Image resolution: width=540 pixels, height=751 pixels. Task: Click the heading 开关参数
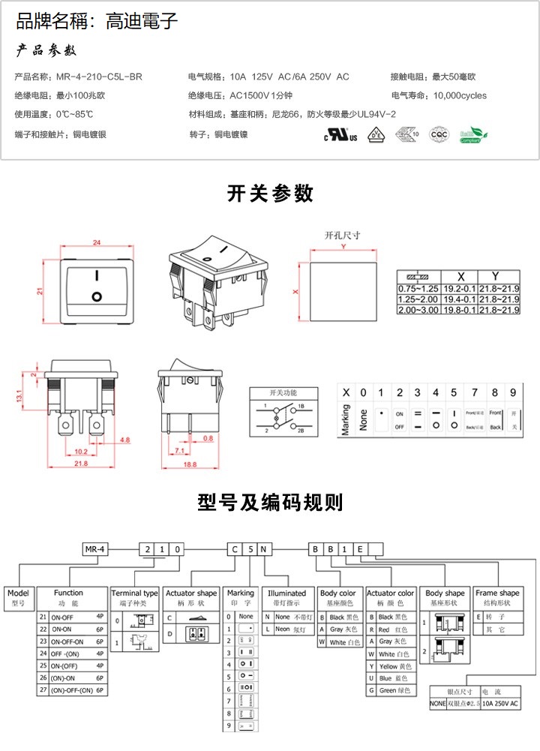click(x=270, y=194)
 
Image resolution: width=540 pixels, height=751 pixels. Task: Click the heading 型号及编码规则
click(x=270, y=502)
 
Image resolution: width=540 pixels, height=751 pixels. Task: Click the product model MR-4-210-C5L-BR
click(x=99, y=77)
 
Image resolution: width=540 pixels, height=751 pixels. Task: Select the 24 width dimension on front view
click(x=97, y=242)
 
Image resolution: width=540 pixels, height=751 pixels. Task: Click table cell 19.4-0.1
click(x=458, y=299)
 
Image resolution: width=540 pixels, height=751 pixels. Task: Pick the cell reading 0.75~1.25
click(x=418, y=289)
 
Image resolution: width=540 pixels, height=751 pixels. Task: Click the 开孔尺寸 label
click(x=342, y=236)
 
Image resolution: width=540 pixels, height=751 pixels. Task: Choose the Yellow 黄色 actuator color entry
click(x=391, y=666)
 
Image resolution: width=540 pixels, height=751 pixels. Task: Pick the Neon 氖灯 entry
click(x=286, y=629)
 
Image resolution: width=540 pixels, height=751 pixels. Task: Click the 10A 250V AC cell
click(x=499, y=704)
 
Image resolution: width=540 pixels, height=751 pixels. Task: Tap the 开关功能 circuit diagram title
click(x=283, y=392)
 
